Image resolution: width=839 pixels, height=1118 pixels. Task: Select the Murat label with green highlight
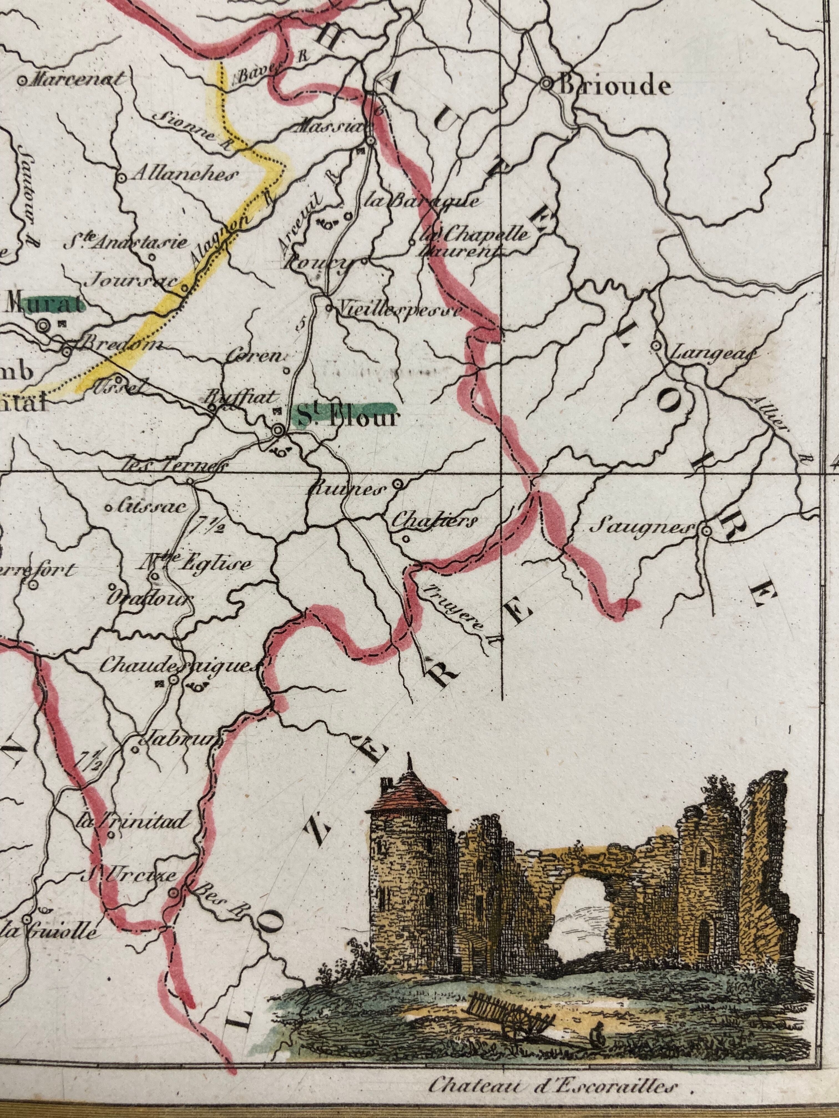44,305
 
